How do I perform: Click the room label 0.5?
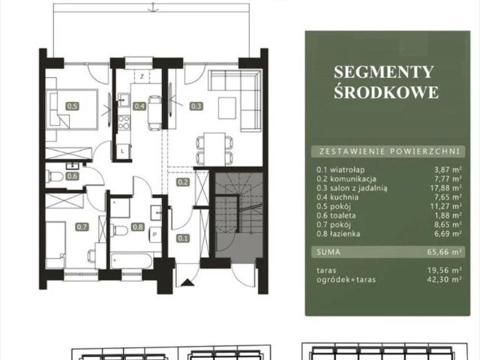72,106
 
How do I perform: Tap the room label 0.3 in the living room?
196,106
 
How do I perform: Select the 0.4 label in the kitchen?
139,106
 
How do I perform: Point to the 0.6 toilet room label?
72,176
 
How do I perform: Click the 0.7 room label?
82,226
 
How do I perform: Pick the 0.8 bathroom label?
138,226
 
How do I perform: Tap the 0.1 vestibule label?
183,238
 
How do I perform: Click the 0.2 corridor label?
183,182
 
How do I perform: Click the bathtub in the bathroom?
132,260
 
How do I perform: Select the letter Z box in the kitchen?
142,76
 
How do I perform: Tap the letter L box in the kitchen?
123,151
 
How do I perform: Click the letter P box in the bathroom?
155,235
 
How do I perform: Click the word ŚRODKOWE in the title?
386,92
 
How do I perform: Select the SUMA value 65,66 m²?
445,252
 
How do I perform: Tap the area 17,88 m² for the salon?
445,188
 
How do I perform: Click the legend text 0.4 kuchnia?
337,197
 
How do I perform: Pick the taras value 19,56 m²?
445,270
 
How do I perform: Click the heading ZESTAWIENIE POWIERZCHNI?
389,151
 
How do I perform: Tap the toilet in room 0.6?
54,176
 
